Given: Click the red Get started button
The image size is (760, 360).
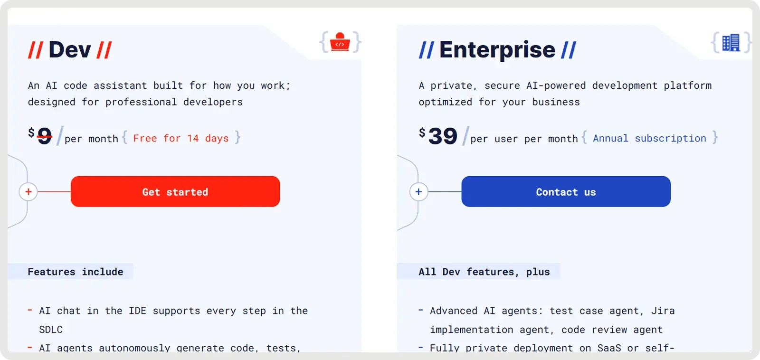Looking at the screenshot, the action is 175,191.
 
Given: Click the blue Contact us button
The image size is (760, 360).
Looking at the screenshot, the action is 566,191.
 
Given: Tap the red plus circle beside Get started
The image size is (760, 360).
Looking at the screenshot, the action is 28,192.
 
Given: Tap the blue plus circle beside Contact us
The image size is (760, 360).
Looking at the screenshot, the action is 418,192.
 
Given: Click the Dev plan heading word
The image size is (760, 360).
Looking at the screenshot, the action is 70,50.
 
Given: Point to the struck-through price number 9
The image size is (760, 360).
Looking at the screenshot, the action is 45,136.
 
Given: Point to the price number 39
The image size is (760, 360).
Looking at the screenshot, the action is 443,136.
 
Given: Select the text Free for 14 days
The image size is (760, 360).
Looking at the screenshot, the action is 181,138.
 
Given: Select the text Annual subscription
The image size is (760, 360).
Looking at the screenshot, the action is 650,138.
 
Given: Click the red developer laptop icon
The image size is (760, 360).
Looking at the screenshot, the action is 340,42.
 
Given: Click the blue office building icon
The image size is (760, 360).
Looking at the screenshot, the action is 731,42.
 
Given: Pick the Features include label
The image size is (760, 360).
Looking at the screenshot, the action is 76,272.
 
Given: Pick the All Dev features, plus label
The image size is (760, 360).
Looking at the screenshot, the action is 484,272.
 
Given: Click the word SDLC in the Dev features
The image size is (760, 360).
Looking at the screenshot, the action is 51,330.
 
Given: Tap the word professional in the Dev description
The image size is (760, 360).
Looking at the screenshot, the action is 141,102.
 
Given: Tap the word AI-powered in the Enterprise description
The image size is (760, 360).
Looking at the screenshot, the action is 556,85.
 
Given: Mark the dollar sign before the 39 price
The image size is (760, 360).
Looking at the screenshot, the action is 422,133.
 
